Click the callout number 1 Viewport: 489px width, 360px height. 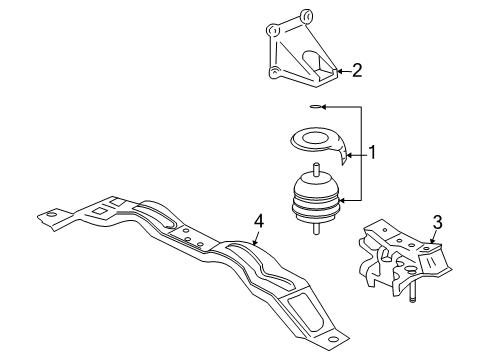(372, 153)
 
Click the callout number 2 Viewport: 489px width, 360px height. (358, 70)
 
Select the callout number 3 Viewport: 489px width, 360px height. (437, 222)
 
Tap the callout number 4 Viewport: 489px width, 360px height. (259, 222)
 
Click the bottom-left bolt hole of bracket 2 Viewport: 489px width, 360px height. (273, 71)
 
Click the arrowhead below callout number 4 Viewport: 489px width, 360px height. (252, 241)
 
